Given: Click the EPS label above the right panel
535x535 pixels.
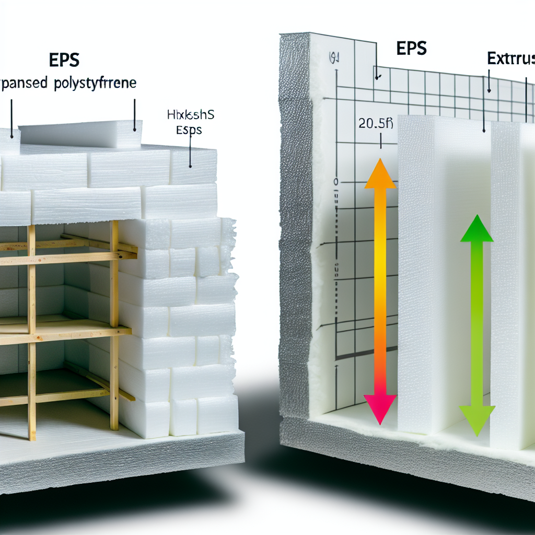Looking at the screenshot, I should click(411, 48).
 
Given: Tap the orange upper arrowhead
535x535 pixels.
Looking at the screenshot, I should click(380, 174).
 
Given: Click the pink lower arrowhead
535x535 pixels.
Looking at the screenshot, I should click(380, 410).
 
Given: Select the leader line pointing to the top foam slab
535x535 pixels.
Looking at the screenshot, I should click(134, 115).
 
